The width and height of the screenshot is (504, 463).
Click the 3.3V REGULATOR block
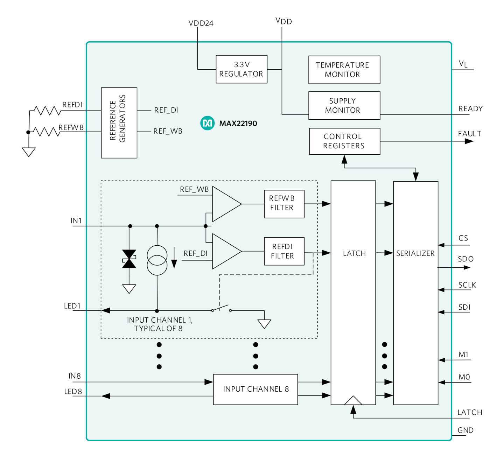coord(241,69)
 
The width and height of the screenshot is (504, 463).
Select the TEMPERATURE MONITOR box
coord(344,70)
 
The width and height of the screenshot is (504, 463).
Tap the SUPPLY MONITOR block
coord(344,105)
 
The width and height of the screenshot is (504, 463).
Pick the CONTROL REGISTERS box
coord(344,141)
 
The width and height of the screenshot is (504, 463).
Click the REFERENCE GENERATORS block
coord(119,123)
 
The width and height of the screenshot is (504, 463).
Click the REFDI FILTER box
coord(284,251)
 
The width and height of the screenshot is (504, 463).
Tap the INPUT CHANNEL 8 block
coord(255,389)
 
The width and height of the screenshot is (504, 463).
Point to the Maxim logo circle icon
coord(207,123)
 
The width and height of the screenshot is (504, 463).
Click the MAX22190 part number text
coord(238,124)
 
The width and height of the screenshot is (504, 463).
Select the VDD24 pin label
coord(201,23)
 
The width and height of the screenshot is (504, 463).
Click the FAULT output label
coord(470,134)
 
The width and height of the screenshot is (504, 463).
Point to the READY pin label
coord(470,109)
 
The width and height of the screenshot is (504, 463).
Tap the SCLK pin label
coord(467,285)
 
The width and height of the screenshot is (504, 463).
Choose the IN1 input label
coord(76,221)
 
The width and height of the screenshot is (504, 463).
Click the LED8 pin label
coord(73,392)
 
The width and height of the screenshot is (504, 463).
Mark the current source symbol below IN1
coord(157,260)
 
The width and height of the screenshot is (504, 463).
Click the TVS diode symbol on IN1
coord(129,259)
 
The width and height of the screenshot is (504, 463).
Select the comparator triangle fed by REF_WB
coord(226,204)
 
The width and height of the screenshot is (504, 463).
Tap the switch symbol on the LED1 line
coord(221,309)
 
